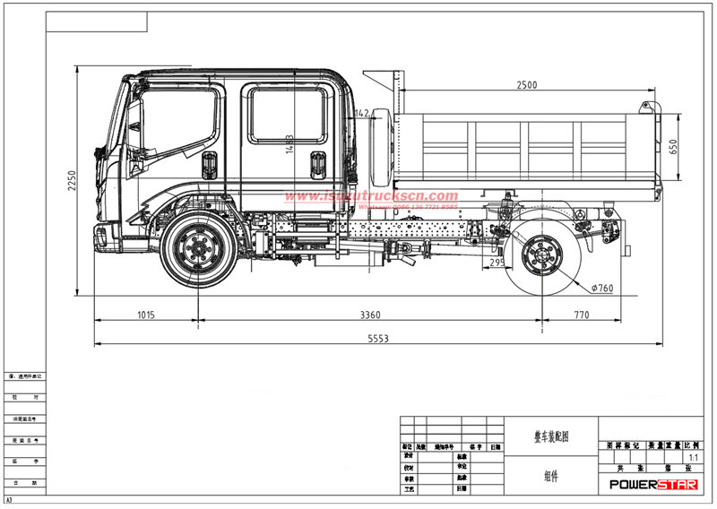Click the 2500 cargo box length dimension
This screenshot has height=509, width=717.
[x=527, y=85]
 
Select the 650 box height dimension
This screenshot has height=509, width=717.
[x=673, y=146]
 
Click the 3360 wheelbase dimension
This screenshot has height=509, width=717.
[x=368, y=315]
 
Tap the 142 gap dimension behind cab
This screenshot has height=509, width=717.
[x=362, y=114]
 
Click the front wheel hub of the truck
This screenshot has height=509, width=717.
[x=199, y=249]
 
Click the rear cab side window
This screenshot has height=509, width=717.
[x=287, y=114]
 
